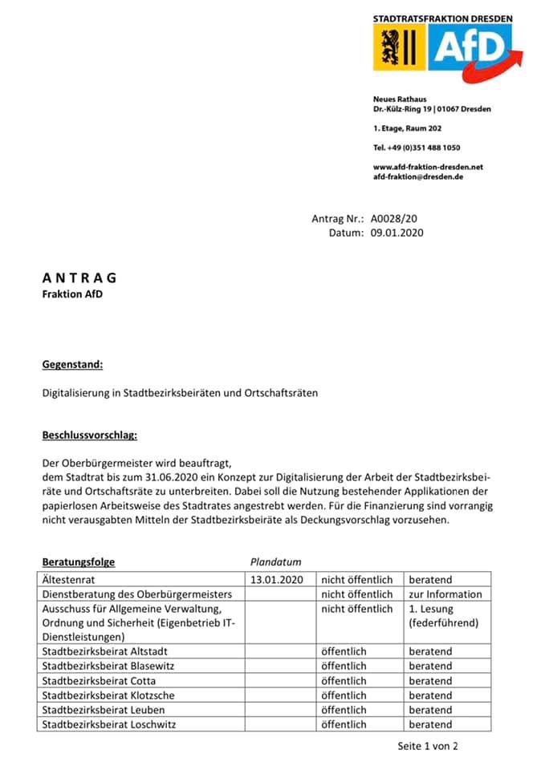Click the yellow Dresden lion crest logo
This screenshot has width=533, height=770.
coord(398,47)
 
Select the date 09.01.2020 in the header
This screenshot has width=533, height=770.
coord(397,233)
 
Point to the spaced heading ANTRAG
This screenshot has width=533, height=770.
coord(79,278)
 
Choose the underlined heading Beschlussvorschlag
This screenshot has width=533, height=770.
coord(89,436)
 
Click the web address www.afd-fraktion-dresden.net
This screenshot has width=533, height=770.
coord(428,167)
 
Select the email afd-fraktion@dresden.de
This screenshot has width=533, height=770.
coord(418,176)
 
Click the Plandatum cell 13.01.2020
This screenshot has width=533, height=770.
coord(278,579)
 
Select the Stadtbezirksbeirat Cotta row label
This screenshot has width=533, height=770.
coord(99,681)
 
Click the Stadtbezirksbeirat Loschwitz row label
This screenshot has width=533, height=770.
coord(108,724)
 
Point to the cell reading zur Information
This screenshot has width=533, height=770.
coord(446,594)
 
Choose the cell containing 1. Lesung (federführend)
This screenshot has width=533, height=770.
coord(443,616)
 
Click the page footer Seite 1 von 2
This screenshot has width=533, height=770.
coord(427,746)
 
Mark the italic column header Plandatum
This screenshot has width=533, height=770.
coord(276,562)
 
